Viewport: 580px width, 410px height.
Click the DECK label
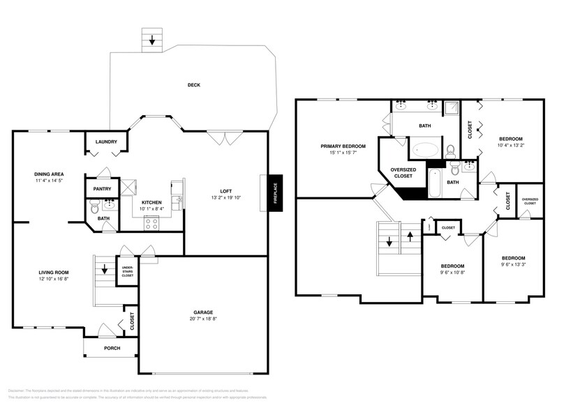(x=193, y=85)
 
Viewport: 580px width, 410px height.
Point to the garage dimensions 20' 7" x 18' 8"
(x=203, y=319)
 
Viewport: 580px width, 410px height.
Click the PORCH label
(x=112, y=348)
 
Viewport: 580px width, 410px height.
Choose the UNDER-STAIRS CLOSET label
(x=128, y=271)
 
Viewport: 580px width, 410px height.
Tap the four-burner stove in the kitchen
(x=151, y=222)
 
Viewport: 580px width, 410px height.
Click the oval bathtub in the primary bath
(x=425, y=149)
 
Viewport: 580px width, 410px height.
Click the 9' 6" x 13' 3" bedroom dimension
(x=513, y=264)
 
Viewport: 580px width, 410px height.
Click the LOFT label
(x=225, y=190)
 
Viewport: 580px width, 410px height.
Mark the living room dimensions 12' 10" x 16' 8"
(x=53, y=279)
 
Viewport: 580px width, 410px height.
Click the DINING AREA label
(x=49, y=174)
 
